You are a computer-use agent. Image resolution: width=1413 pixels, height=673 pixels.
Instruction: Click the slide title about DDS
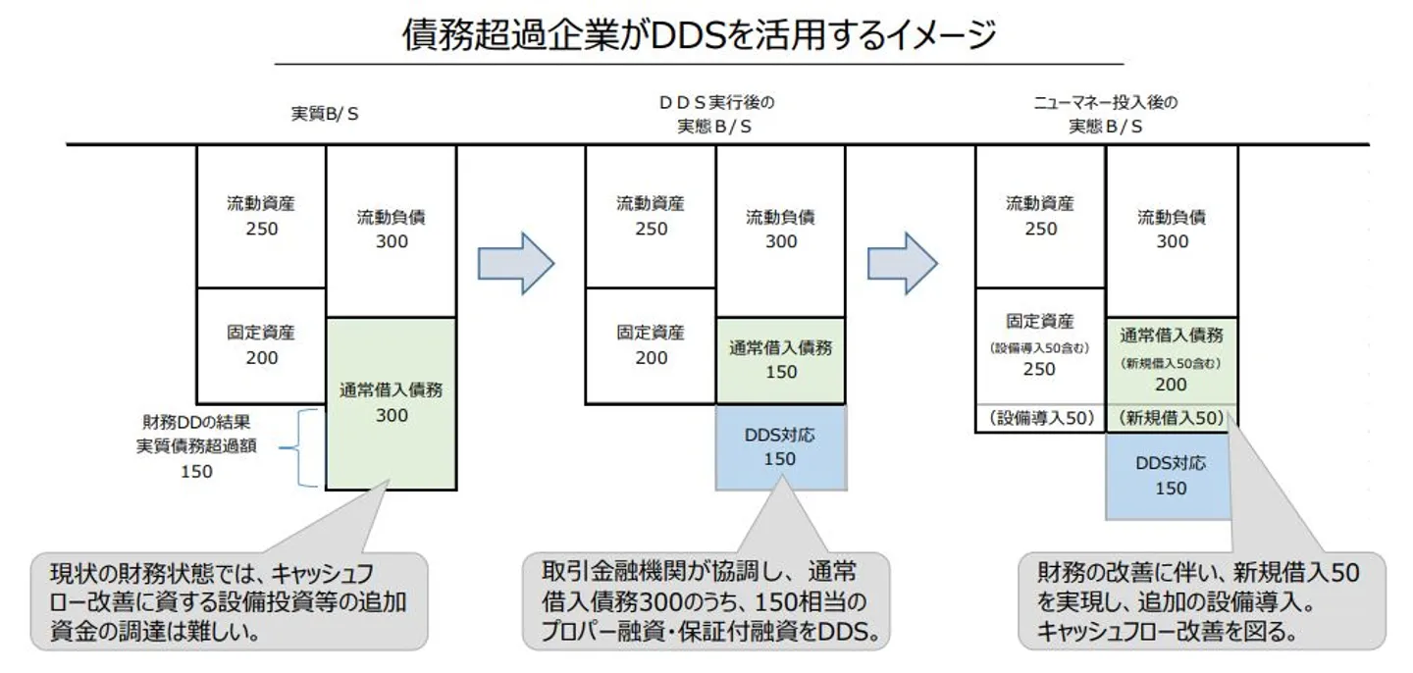point(699,35)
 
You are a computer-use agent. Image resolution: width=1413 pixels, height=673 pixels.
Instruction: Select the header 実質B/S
point(325,113)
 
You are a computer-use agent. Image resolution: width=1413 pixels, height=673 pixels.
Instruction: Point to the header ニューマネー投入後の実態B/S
point(1106,114)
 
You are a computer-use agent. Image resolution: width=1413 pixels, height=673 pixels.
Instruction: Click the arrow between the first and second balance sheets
point(516,263)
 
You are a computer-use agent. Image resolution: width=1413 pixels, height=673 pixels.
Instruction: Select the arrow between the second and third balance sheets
point(904,263)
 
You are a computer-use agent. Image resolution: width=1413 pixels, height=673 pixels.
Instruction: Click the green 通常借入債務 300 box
point(391,402)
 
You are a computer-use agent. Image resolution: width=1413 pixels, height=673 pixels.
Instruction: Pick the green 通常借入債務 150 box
point(780,360)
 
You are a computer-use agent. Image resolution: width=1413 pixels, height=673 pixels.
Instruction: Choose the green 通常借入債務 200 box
point(1172,359)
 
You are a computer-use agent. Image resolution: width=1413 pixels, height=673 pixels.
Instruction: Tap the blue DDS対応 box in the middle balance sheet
point(780,446)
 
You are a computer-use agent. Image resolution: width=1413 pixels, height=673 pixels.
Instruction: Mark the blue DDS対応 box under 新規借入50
point(1171,475)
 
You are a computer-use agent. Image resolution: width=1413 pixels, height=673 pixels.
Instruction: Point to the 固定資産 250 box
point(1040,345)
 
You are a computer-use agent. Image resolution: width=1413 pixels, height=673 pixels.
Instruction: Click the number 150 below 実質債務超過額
point(196,471)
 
